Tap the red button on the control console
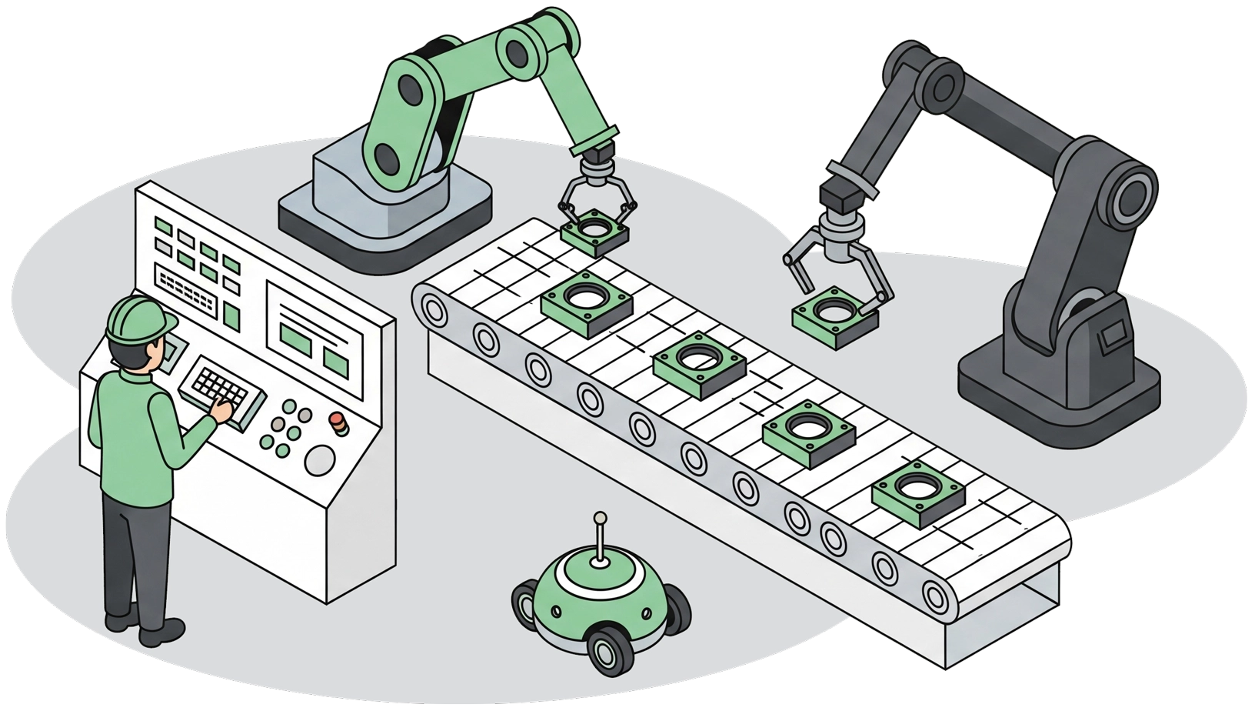point(337,419)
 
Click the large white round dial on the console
point(320,460)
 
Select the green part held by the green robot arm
point(595,232)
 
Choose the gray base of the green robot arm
point(384,215)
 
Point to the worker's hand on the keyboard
point(224,412)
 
